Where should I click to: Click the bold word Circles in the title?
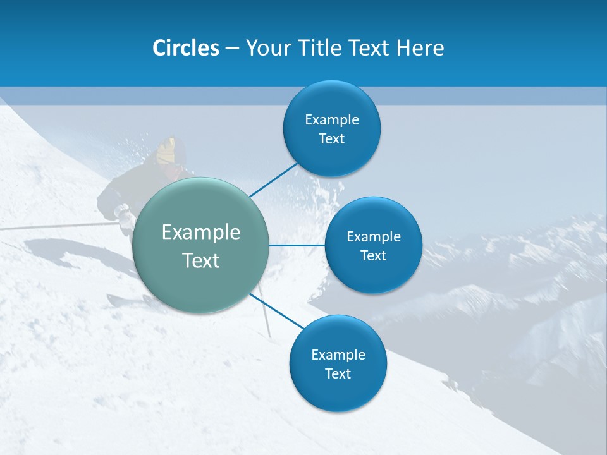(x=185, y=48)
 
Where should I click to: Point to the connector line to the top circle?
(x=273, y=179)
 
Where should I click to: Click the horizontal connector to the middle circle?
(x=297, y=245)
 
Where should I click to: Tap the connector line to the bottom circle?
(x=276, y=312)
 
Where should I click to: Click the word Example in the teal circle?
(x=201, y=233)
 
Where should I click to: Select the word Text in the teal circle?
(x=201, y=260)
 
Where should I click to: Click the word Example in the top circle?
(x=332, y=120)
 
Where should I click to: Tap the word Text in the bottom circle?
(x=338, y=374)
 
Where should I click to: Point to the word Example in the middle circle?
(x=374, y=237)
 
